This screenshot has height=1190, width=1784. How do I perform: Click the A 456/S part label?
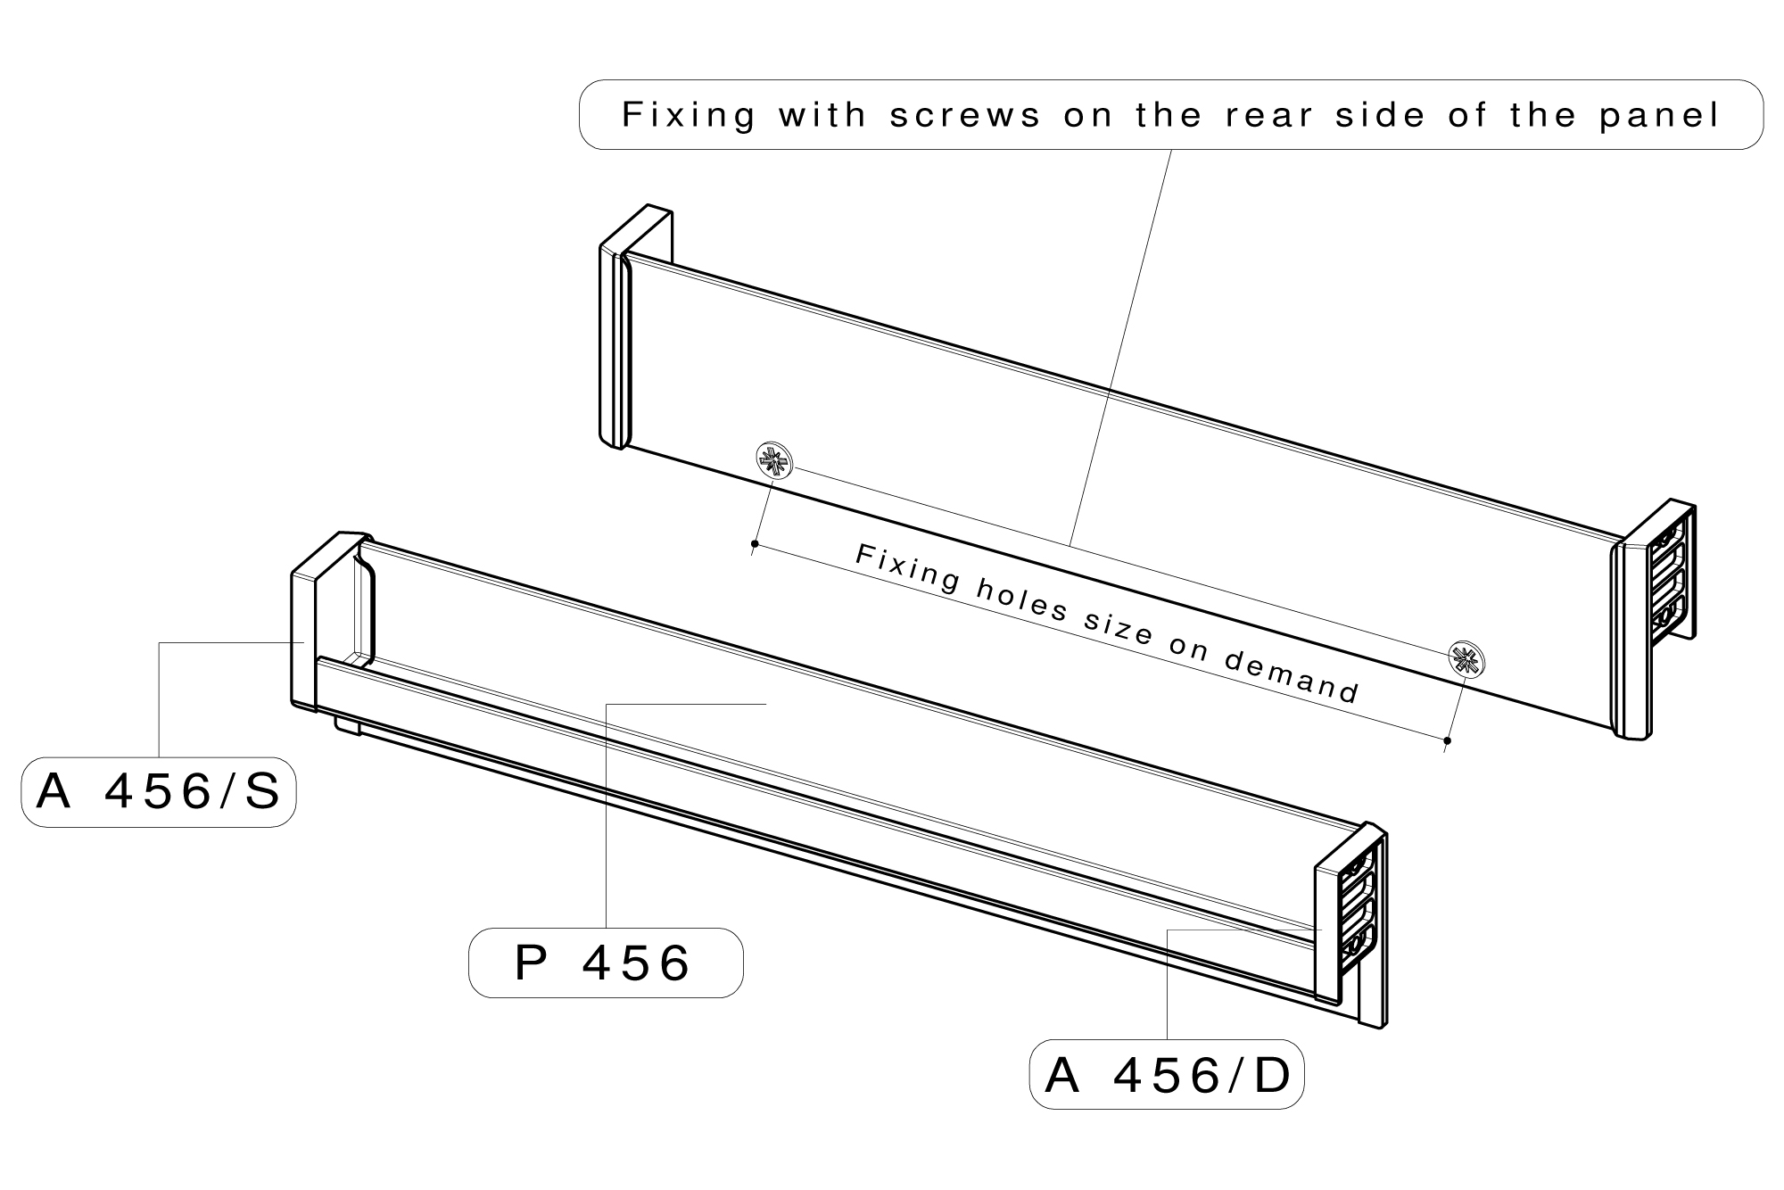(159, 792)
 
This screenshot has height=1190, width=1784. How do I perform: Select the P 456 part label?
(605, 963)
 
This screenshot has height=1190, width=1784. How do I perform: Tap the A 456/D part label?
(1167, 1075)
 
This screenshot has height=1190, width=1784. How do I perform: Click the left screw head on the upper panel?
(772, 461)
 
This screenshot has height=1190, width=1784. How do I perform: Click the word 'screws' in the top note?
(965, 115)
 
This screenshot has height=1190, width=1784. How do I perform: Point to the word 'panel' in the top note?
(1659, 115)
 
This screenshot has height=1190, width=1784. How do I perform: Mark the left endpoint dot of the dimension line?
(755, 543)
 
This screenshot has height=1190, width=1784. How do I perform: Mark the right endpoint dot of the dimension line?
(1447, 740)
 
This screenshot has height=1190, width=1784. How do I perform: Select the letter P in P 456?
(531, 963)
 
